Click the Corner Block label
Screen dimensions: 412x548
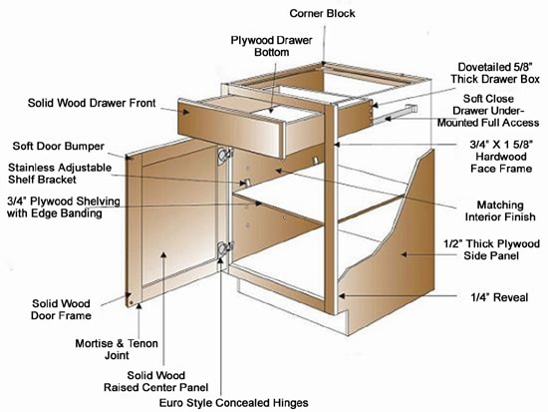click(x=322, y=13)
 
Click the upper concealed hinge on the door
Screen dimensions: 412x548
click(x=223, y=158)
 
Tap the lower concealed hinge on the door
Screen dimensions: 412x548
click(x=223, y=250)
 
